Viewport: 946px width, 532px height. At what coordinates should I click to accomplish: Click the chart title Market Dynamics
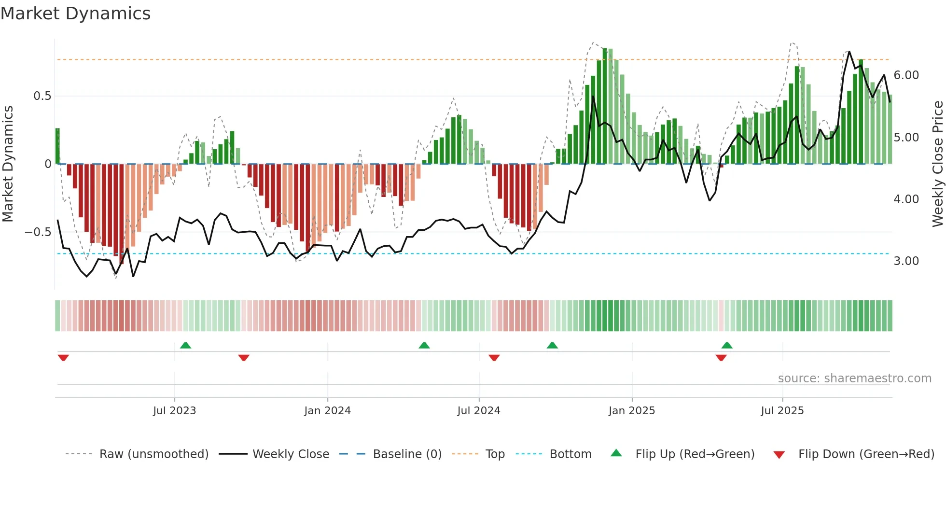75,14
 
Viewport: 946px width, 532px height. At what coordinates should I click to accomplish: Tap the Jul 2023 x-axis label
174,411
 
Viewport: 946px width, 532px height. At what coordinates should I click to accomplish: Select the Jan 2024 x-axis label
327,411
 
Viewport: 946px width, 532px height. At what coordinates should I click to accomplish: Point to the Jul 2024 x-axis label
478,411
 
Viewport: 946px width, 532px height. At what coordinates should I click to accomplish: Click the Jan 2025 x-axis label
631,411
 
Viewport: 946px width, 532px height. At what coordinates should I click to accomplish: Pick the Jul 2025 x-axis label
782,411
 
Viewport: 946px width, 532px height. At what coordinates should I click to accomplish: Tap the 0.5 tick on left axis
42,96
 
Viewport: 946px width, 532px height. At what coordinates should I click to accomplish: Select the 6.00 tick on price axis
906,75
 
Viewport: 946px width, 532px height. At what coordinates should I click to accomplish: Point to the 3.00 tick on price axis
906,261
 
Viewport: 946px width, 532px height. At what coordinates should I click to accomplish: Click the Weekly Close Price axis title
937,164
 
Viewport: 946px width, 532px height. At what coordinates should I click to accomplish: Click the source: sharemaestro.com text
854,378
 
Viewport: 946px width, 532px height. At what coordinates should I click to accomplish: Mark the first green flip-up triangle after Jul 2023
185,345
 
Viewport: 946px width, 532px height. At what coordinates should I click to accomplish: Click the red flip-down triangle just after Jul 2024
494,358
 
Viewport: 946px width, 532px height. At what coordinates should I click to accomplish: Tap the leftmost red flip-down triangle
63,358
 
